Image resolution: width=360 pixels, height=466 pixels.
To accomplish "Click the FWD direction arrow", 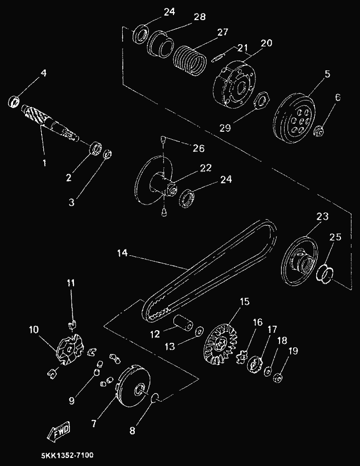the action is click(59, 430).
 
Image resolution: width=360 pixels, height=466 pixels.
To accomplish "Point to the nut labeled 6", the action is click(319, 132).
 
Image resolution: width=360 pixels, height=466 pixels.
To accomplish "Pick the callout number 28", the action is click(200, 17).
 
